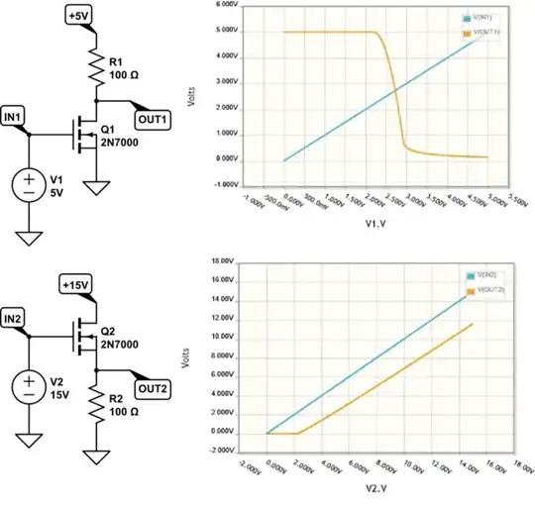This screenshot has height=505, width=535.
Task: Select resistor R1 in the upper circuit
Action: click(x=96, y=67)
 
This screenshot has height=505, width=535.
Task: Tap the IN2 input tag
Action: click(x=17, y=319)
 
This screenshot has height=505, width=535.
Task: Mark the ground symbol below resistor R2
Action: click(x=96, y=457)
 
